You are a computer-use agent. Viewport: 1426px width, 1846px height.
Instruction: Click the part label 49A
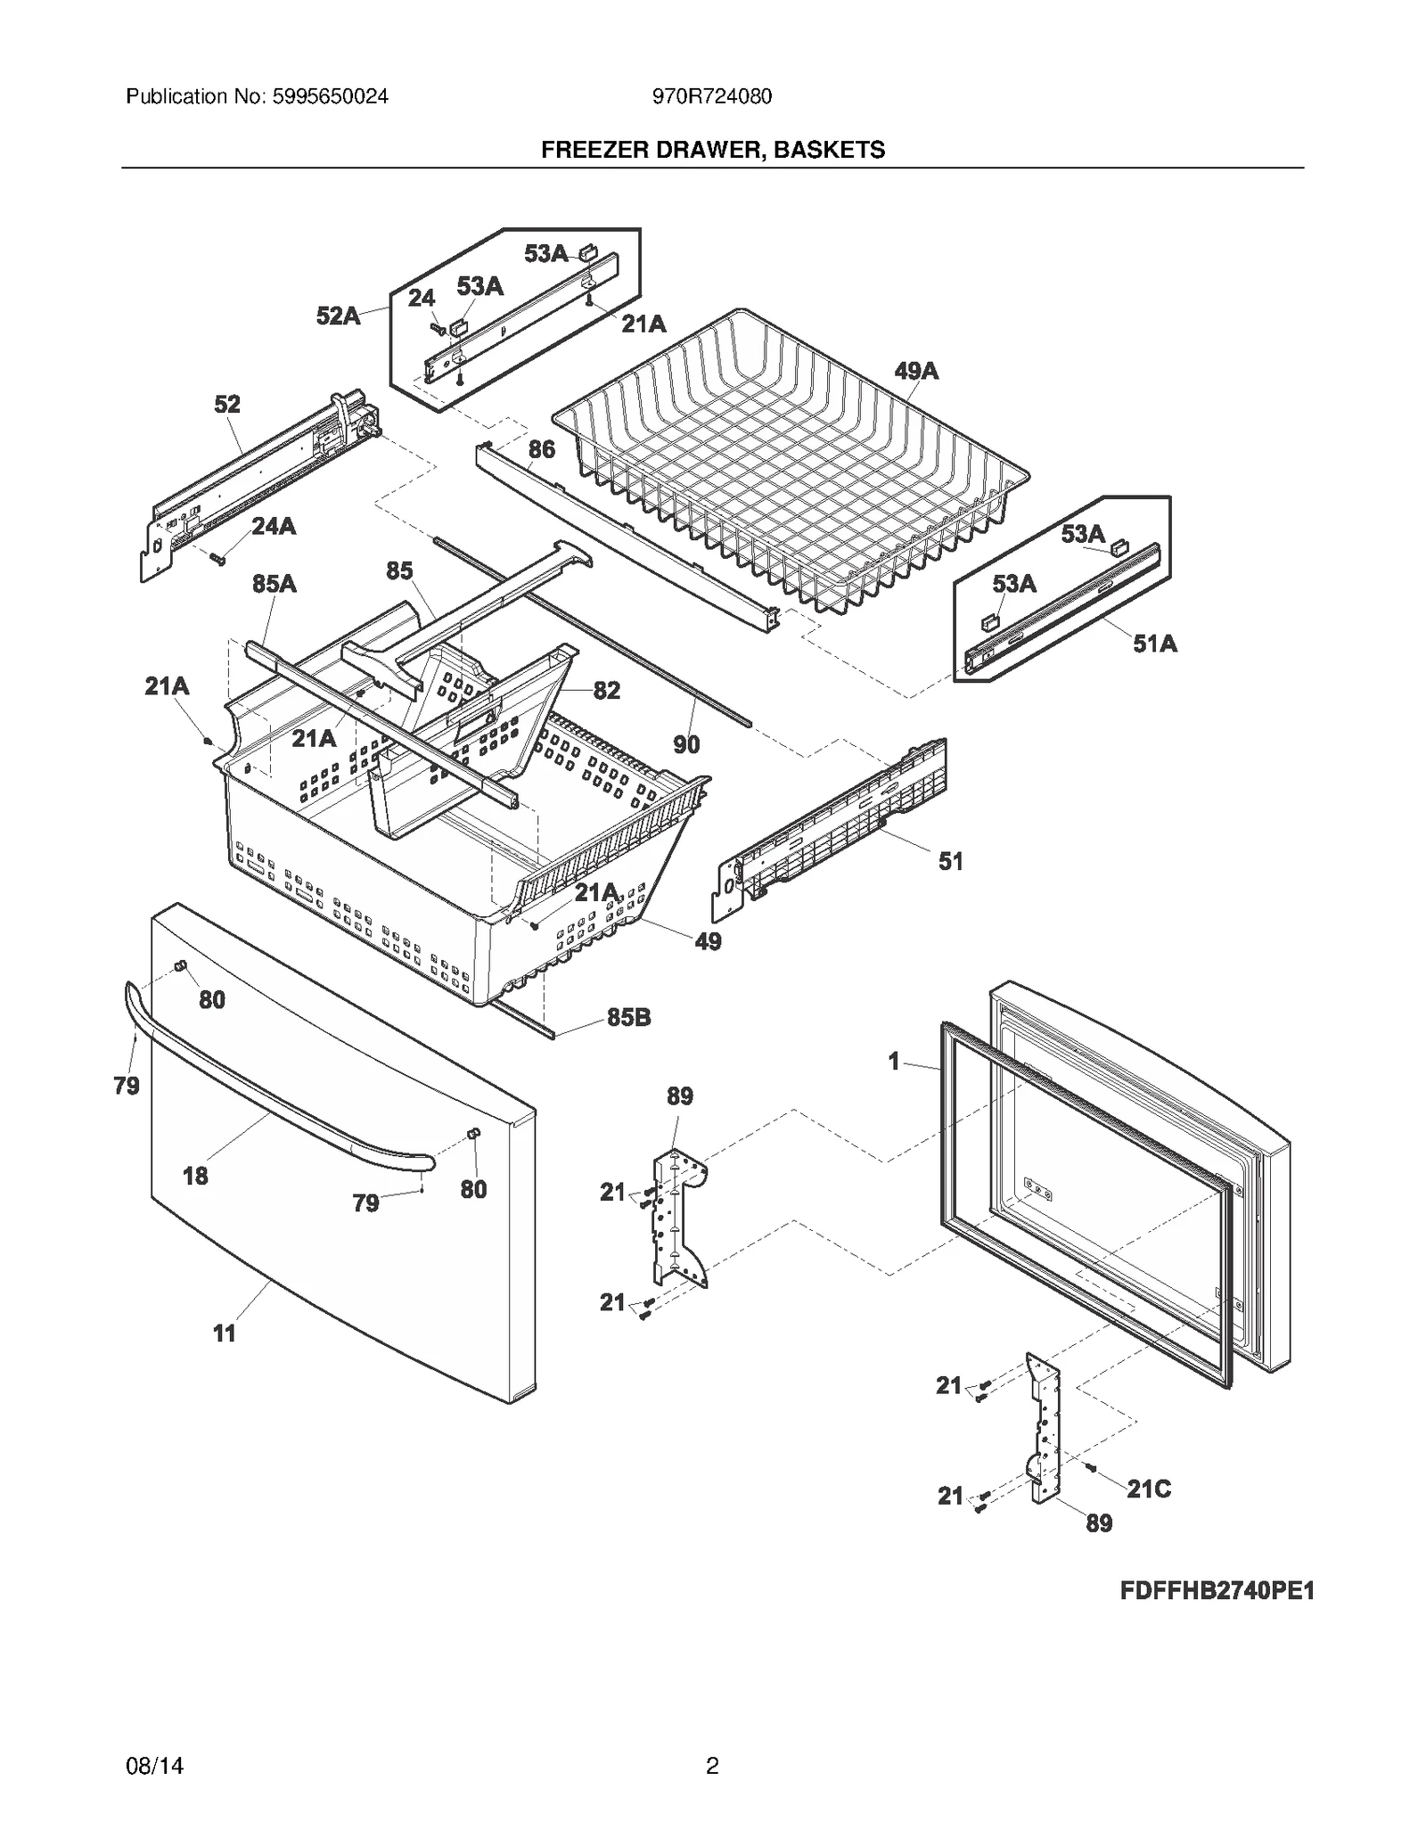916,371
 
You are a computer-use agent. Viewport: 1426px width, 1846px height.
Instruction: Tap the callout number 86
542,449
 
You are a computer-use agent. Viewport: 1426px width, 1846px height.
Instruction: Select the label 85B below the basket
628,1017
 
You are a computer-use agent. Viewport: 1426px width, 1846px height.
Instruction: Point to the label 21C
1149,1489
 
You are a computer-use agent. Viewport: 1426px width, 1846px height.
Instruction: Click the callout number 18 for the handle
195,1177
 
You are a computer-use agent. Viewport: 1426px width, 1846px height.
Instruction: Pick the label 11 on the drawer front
225,1333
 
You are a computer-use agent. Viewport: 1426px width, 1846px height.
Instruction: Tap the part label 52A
339,316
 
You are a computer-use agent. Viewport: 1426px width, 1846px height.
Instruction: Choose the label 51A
1155,644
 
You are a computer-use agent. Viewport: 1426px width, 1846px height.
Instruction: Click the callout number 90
686,744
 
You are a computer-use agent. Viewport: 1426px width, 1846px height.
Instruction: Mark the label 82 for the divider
606,691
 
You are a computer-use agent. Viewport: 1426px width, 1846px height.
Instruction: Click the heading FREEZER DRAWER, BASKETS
713,150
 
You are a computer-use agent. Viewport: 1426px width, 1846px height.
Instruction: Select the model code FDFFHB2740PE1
1217,1591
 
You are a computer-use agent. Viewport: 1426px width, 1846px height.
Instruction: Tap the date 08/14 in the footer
155,1766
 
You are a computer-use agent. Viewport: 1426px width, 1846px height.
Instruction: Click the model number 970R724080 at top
712,96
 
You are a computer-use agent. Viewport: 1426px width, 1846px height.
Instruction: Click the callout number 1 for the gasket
894,1062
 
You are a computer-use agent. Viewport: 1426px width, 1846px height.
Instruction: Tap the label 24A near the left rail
274,527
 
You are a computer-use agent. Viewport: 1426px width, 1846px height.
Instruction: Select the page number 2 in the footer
712,1766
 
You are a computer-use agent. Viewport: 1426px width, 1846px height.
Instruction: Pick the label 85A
275,584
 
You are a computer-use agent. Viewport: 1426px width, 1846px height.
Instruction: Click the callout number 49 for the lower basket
708,941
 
